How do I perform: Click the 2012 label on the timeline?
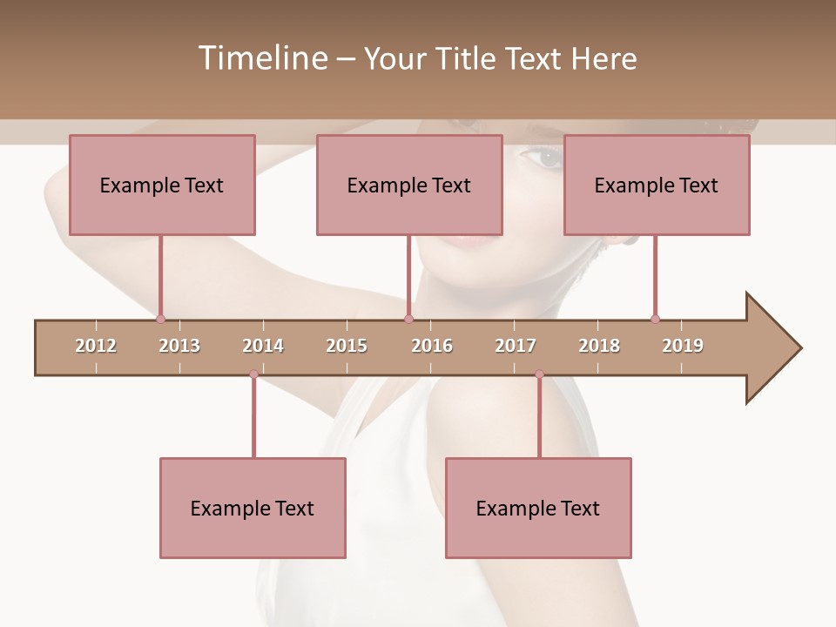pyautogui.click(x=96, y=346)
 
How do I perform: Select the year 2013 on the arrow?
pyautogui.click(x=179, y=346)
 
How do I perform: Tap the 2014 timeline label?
pyautogui.click(x=263, y=346)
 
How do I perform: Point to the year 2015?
pyautogui.click(x=347, y=346)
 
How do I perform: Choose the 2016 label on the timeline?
pyautogui.click(x=432, y=346)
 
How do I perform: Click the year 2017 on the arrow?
pyautogui.click(x=516, y=346)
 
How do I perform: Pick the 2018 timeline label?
pyautogui.click(x=599, y=346)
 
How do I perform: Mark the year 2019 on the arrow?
pyautogui.click(x=683, y=346)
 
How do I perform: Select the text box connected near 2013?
pyautogui.click(x=162, y=185)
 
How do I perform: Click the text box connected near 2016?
pyautogui.click(x=409, y=185)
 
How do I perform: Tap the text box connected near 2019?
pyautogui.click(x=657, y=185)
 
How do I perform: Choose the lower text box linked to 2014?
pyautogui.click(x=253, y=508)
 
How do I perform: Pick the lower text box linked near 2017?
pyautogui.click(x=538, y=508)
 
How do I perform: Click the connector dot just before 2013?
pyautogui.click(x=160, y=319)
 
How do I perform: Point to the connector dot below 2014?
pyautogui.click(x=253, y=374)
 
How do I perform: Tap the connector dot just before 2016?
pyautogui.click(x=408, y=319)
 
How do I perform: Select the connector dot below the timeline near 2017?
pyautogui.click(x=539, y=374)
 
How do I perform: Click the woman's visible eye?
pyautogui.click(x=547, y=158)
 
